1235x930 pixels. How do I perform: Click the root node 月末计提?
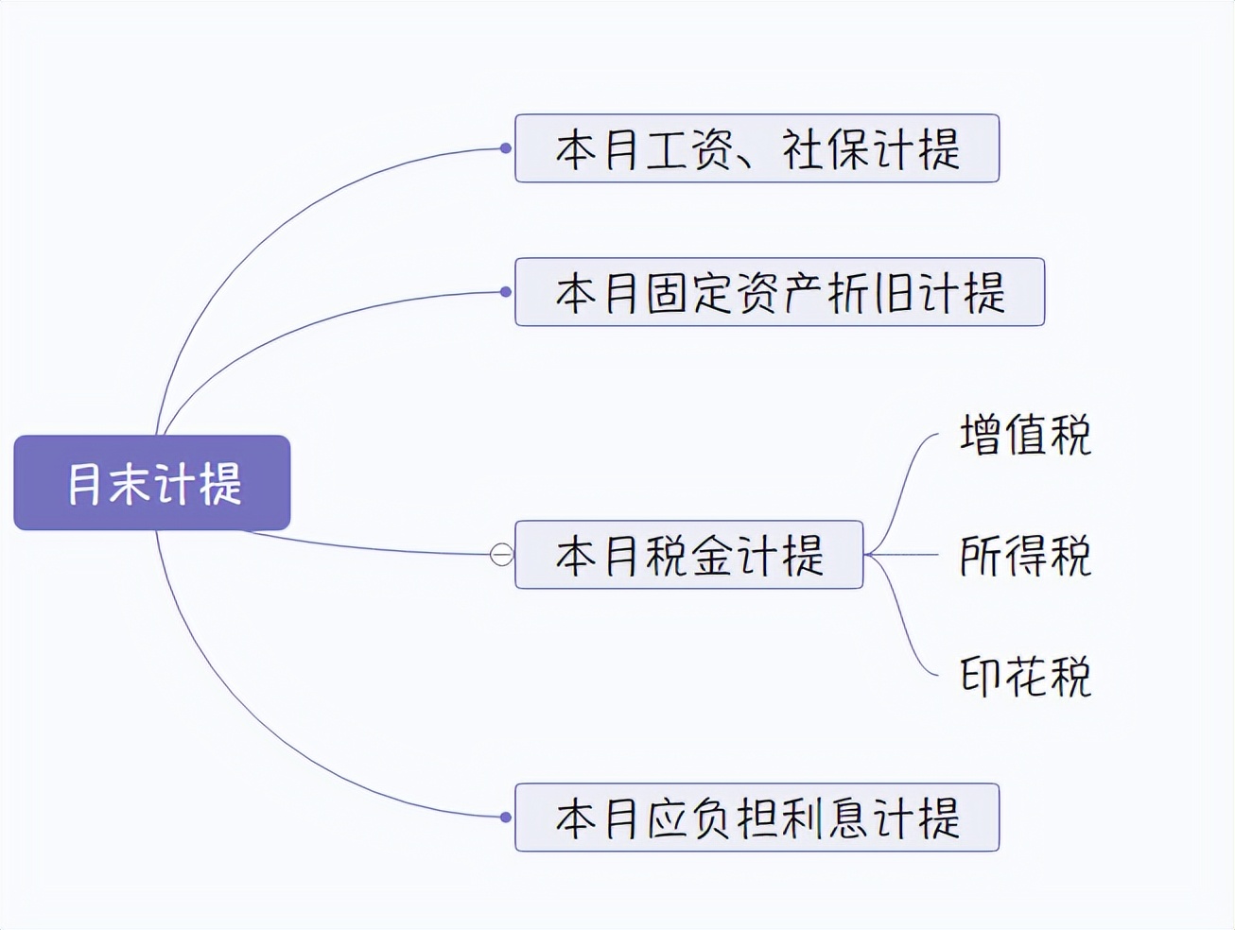pyautogui.click(x=152, y=483)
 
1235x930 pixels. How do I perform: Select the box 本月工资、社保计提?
pyautogui.click(x=757, y=148)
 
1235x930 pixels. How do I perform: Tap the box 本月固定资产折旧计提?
pyautogui.click(x=779, y=292)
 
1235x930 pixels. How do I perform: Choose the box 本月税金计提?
pyautogui.click(x=688, y=555)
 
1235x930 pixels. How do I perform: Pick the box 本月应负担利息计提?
pyautogui.click(x=757, y=818)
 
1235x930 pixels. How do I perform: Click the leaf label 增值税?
pyautogui.click(x=1025, y=435)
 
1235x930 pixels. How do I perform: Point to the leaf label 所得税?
pyautogui.click(x=1025, y=556)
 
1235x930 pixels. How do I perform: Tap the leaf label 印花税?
pyautogui.click(x=1025, y=677)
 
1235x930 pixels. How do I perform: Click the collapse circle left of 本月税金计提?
pyautogui.click(x=502, y=555)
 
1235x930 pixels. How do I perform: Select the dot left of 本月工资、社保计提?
pyautogui.click(x=506, y=148)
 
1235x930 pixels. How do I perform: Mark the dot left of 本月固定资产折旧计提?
pyautogui.click(x=506, y=292)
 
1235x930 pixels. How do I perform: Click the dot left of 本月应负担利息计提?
pyautogui.click(x=506, y=818)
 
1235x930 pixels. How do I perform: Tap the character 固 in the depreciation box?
pyautogui.click(x=668, y=293)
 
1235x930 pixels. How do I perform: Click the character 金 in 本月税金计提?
pyautogui.click(x=713, y=556)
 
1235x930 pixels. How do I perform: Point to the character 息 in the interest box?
pyautogui.click(x=847, y=818)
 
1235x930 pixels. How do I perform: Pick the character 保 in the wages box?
pyautogui.click(x=847, y=149)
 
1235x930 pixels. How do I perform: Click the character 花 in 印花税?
pyautogui.click(x=1025, y=677)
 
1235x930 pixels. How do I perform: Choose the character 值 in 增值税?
pyautogui.click(x=1025, y=435)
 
